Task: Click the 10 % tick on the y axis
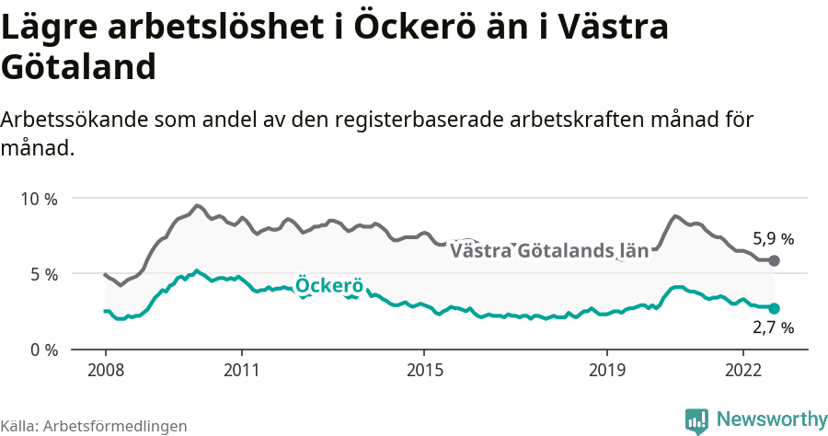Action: coord(38,199)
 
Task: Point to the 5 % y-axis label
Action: coord(42,274)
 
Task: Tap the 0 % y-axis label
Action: coord(42,350)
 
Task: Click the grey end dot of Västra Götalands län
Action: coord(774,261)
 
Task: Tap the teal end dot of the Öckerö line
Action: coord(774,309)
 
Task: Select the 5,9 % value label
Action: coord(773,239)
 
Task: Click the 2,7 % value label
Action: coord(773,327)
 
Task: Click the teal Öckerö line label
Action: coord(329,285)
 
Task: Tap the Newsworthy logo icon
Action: coord(696,420)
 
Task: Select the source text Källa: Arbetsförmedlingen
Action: coord(94,426)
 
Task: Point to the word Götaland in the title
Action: coord(77,67)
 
